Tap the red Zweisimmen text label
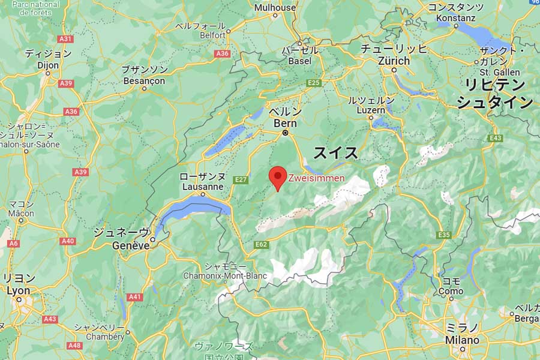317,178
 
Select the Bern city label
285,123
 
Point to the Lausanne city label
202,186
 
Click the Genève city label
131,245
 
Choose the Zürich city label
394,61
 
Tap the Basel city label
300,61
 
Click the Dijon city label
48,65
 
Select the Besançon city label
143,80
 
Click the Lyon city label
18,290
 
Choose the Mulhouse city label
275,8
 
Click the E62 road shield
261,244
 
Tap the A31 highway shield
66,39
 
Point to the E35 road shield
444,234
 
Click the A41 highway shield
135,297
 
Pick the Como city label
451,291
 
